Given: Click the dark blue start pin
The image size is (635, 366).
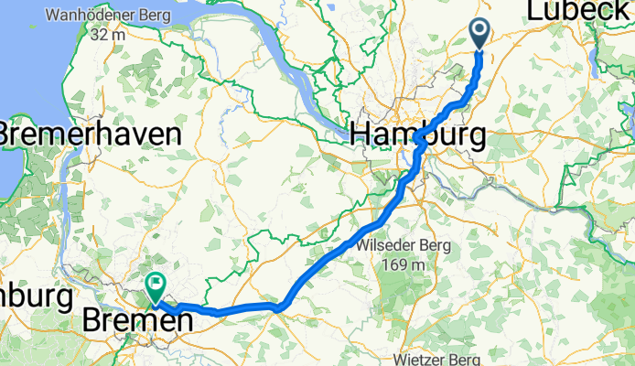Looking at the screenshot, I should tap(480, 33).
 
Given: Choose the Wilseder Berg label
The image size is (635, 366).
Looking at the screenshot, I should tap(400, 246).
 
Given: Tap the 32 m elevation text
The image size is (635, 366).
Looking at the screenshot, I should tap(107, 35).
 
